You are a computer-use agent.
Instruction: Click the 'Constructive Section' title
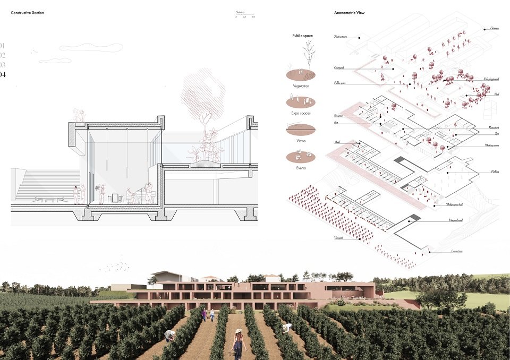[x=28, y=12]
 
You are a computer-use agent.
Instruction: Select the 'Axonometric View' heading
[x=349, y=12]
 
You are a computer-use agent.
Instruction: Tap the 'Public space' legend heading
[x=302, y=36]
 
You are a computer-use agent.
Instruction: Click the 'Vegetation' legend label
[x=301, y=86]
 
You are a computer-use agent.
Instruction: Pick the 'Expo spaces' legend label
[x=301, y=113]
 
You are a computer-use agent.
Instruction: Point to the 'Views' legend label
[x=301, y=141]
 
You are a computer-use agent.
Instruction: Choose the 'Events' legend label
[x=301, y=168]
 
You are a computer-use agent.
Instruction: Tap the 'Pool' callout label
[x=496, y=94]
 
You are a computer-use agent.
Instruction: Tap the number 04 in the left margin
[x=3, y=75]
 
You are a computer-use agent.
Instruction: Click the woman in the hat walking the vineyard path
[x=238, y=343]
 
